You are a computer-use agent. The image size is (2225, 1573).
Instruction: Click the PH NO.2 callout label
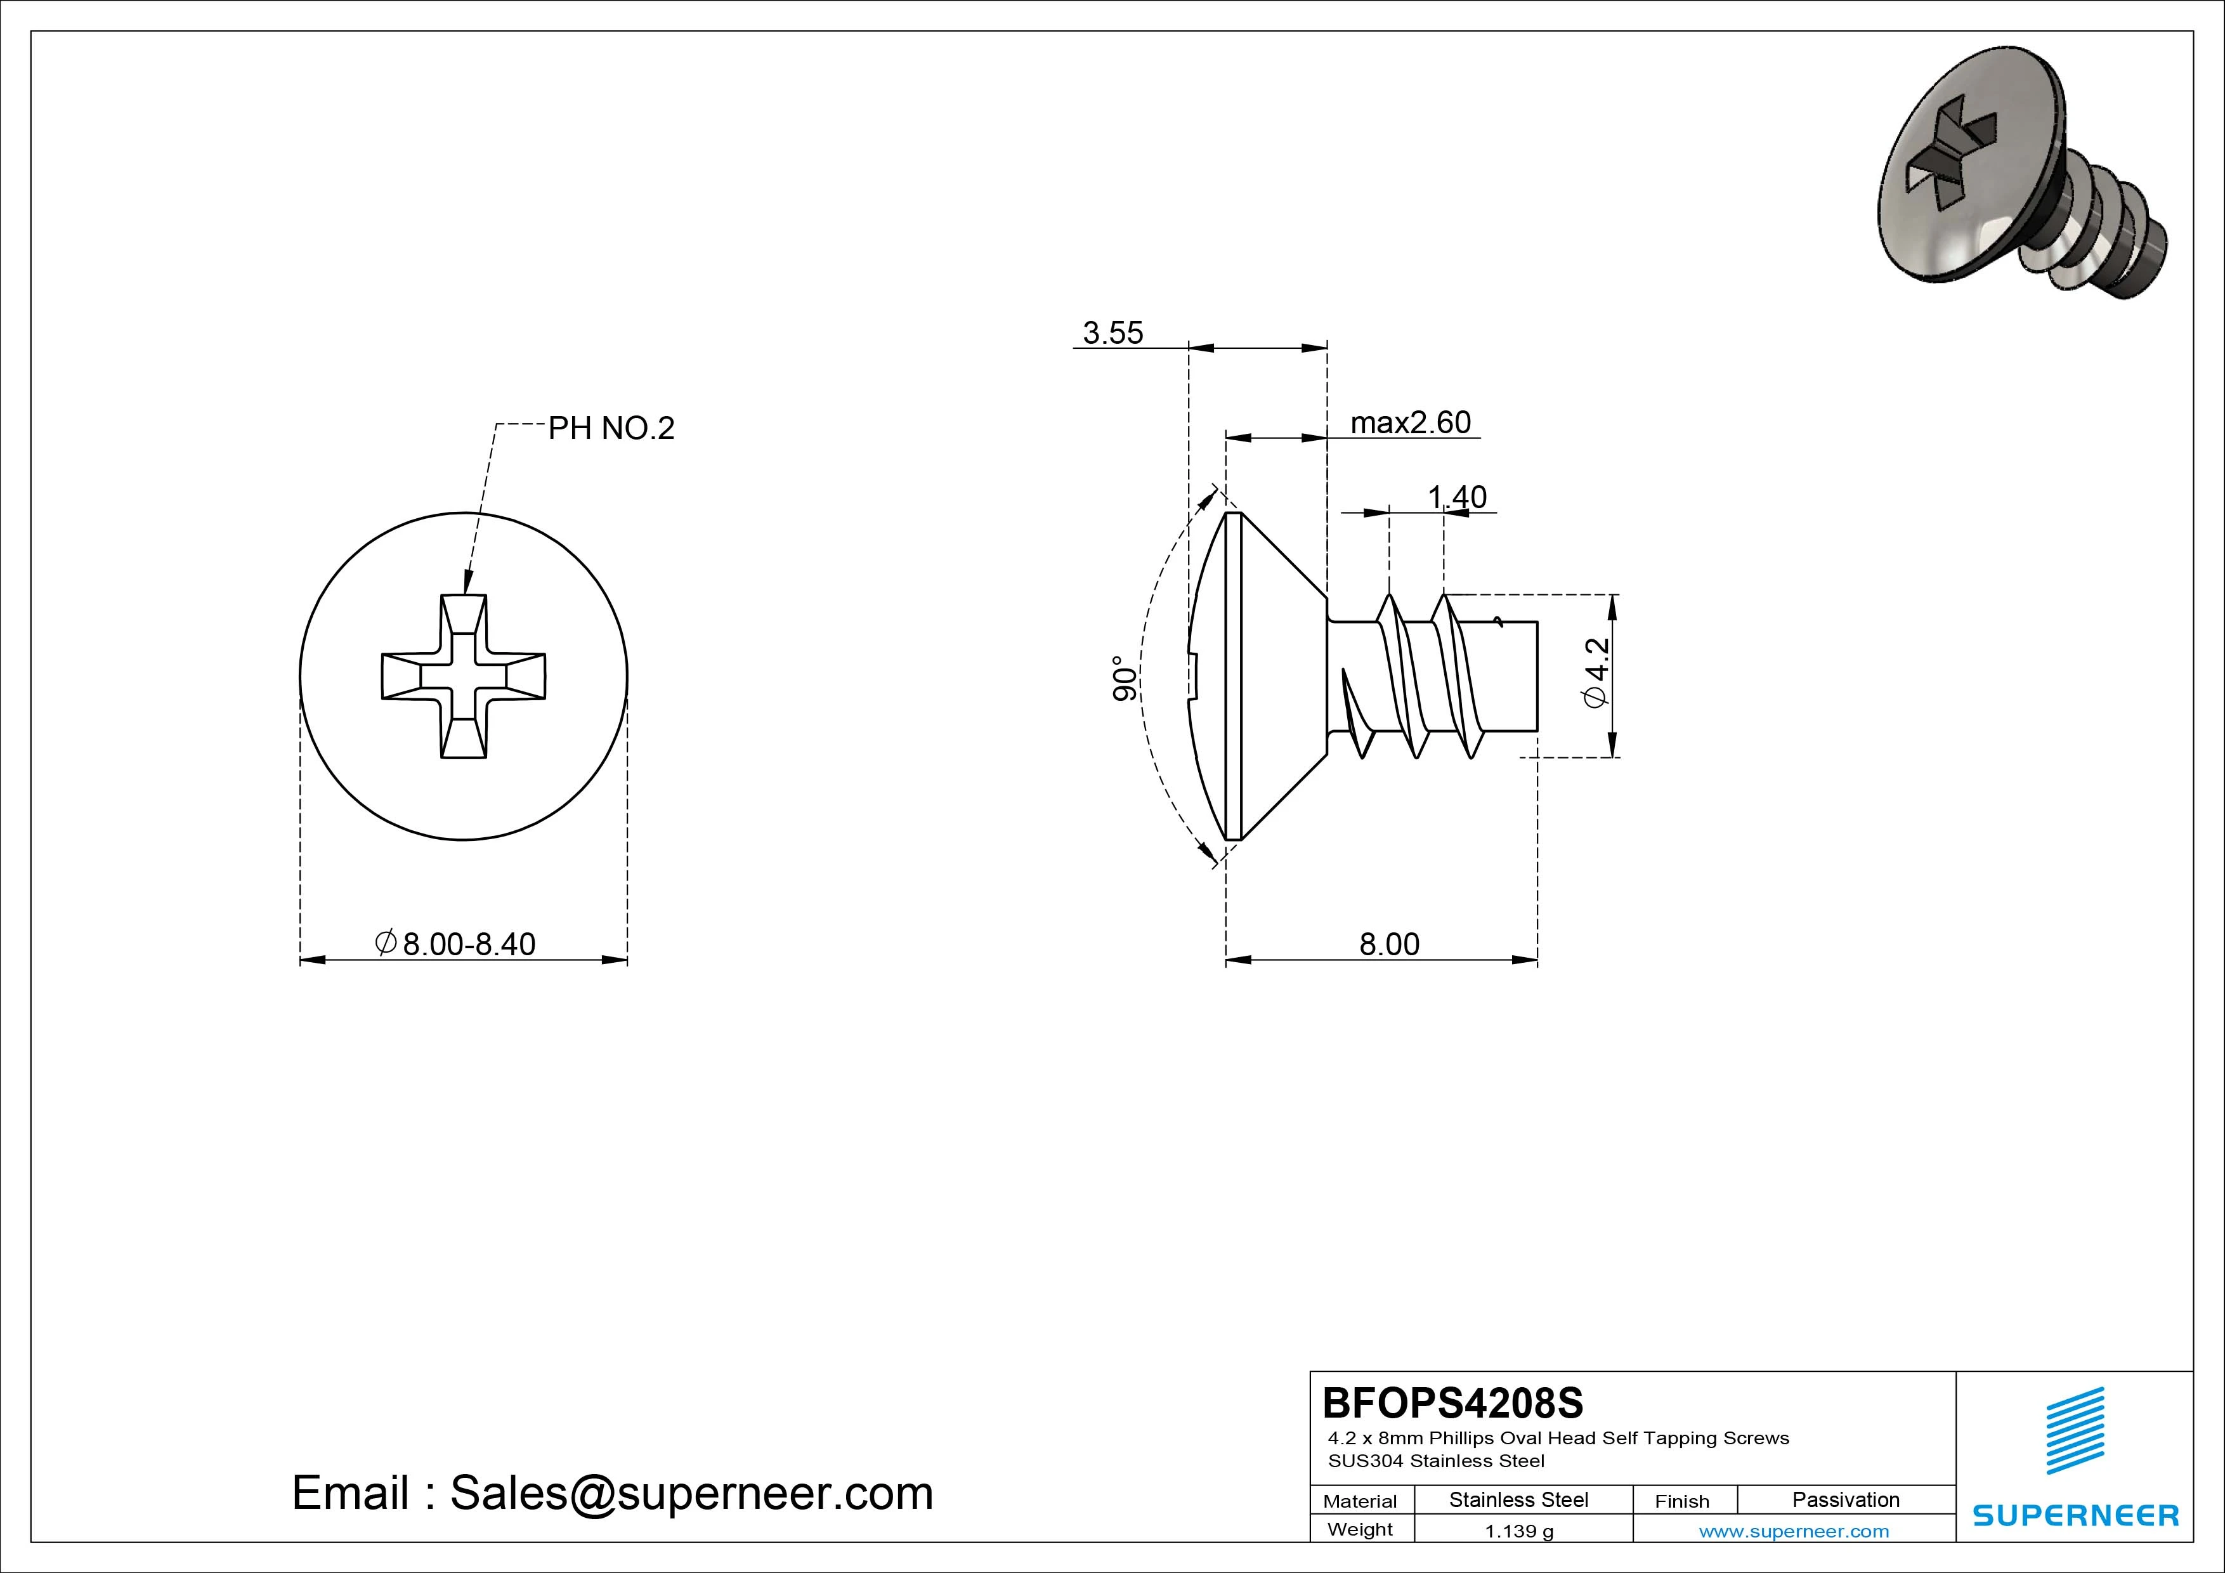[x=611, y=428]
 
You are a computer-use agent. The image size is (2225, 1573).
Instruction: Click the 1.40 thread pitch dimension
[x=1456, y=497]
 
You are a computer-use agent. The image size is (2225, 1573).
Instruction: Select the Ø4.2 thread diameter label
[x=1596, y=672]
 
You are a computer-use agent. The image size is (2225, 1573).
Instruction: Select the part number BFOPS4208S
[x=1452, y=1402]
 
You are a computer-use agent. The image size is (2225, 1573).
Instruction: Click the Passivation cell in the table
[x=1845, y=1499]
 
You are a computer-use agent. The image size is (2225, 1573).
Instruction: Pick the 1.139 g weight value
[x=1518, y=1531]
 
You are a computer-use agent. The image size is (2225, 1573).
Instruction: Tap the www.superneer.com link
[x=1794, y=1531]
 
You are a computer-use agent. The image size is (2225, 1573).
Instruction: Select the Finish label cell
[x=1681, y=1500]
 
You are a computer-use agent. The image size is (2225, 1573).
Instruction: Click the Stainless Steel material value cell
[x=1518, y=1499]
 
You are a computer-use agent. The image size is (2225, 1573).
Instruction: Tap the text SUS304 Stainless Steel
[x=1436, y=1461]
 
